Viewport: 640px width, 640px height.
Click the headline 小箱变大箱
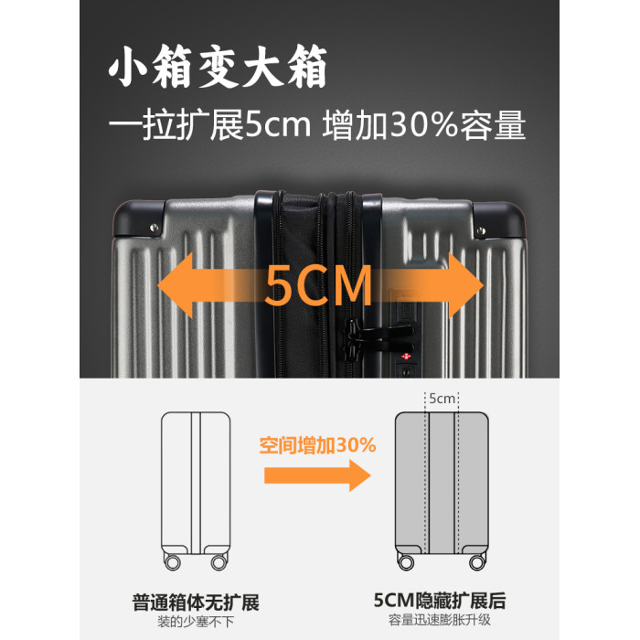pos(218,66)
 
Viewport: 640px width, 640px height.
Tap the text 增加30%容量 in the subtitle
pos(423,125)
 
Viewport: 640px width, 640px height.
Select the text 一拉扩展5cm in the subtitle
pos(209,125)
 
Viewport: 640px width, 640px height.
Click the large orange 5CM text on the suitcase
pos(319,285)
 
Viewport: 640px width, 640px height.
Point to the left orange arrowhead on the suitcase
pos(176,285)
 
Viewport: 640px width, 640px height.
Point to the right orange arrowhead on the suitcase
pos(466,285)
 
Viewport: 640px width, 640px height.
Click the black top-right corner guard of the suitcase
pos(499,219)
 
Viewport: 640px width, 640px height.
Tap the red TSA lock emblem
pos(406,357)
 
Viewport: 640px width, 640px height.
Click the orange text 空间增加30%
pos(317,445)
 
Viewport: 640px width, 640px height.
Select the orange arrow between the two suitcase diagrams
pos(317,475)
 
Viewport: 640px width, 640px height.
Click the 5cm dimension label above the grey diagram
pos(442,398)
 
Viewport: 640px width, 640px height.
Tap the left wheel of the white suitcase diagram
pos(172,562)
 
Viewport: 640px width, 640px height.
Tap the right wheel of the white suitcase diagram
pos(219,562)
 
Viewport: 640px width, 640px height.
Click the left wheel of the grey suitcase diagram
pos(406,562)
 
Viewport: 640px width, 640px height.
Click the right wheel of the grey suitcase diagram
pos(477,562)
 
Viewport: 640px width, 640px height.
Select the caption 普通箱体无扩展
pos(196,603)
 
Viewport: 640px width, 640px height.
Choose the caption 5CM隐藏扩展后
pos(440,601)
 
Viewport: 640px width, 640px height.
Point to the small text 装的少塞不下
pos(196,622)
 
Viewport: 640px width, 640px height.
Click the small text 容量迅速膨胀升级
pos(440,620)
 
